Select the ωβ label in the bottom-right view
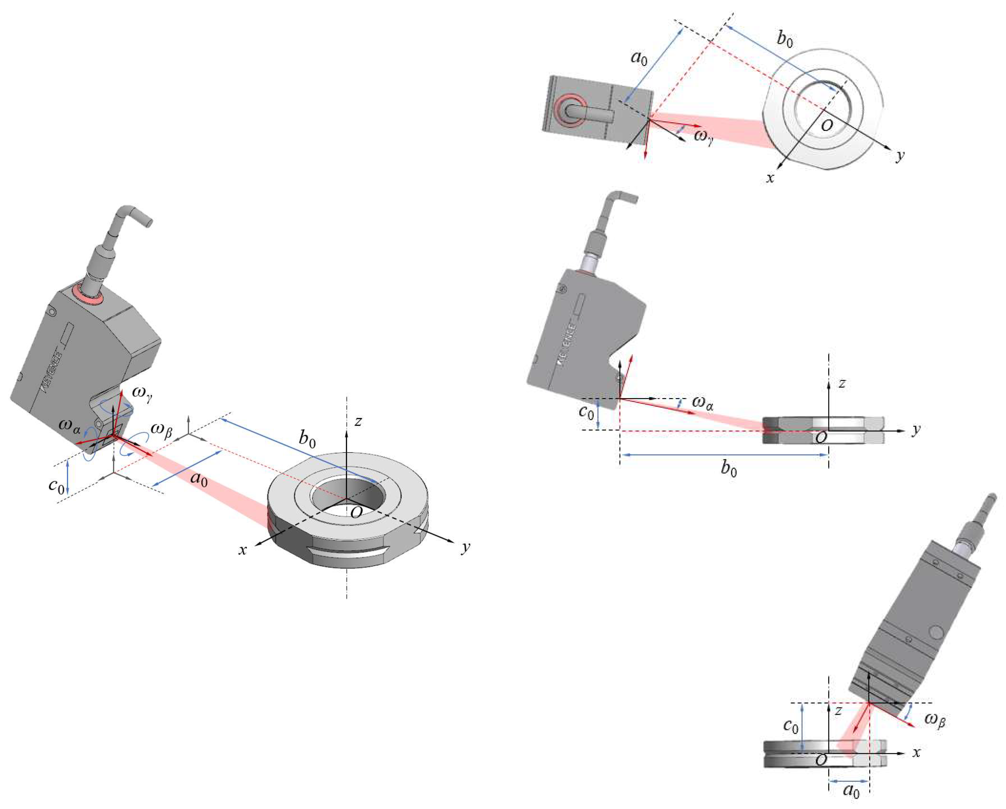pos(935,719)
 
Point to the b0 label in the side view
pos(729,468)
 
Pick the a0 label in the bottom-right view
pos(852,790)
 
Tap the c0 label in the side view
pos(587,412)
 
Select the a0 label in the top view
pos(639,58)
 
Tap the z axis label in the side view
pos(842,383)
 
